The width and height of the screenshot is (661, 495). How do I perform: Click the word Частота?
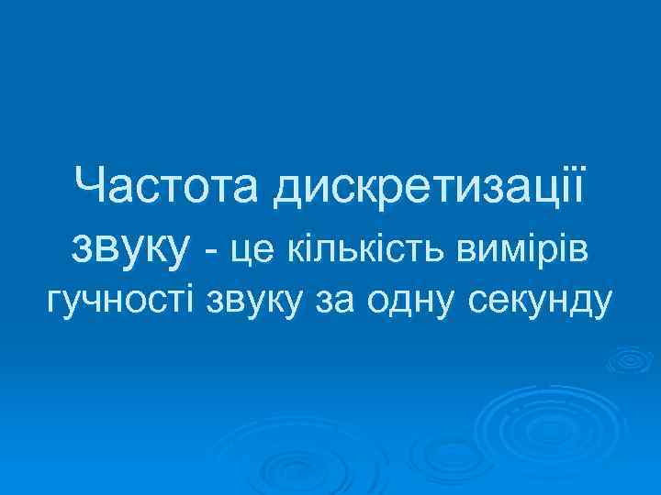(x=170, y=189)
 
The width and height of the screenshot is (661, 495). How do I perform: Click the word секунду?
(x=539, y=300)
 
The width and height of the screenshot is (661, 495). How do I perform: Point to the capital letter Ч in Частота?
(x=91, y=189)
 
